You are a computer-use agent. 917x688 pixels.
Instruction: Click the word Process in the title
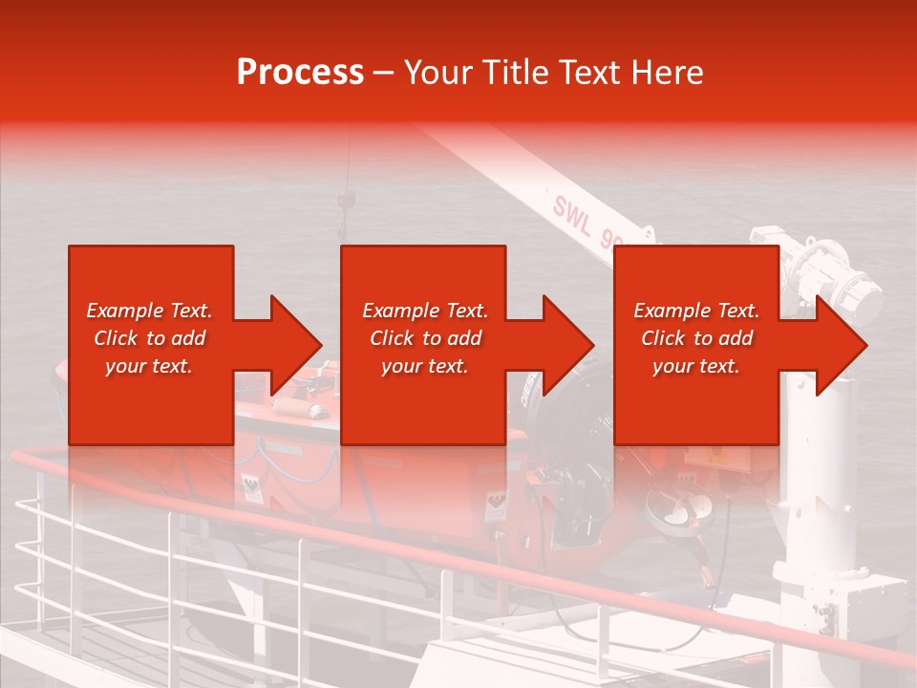(x=300, y=73)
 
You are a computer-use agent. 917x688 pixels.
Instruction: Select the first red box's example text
(x=149, y=338)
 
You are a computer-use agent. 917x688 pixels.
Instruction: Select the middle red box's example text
(x=425, y=338)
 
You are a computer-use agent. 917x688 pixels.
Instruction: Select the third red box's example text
(x=696, y=338)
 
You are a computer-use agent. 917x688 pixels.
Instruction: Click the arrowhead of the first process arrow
(x=296, y=345)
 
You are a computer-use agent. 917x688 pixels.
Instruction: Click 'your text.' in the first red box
(x=149, y=366)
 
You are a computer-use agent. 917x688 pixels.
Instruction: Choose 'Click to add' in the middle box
(x=425, y=338)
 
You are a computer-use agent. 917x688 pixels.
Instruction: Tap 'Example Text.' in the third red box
(x=696, y=311)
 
